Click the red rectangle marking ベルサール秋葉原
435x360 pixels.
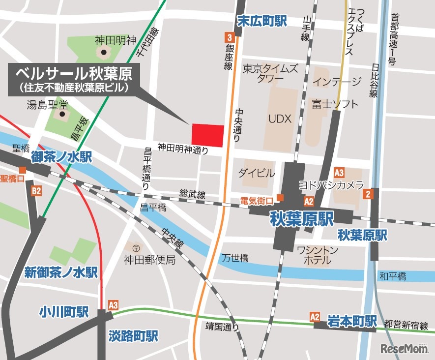(207, 135)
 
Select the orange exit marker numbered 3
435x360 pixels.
(229, 37)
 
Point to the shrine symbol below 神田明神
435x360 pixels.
(104, 52)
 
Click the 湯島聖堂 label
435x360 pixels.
(48, 104)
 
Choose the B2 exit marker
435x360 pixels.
(36, 191)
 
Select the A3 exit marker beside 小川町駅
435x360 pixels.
(113, 305)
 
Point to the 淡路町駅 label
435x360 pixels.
(133, 336)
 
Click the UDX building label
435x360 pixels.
(280, 119)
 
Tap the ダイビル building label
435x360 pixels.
(256, 173)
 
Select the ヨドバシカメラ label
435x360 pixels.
(331, 185)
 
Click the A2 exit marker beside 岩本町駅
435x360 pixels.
(315, 317)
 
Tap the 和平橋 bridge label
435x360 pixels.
(392, 276)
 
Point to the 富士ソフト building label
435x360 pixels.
(335, 104)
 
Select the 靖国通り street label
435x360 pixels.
(222, 326)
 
